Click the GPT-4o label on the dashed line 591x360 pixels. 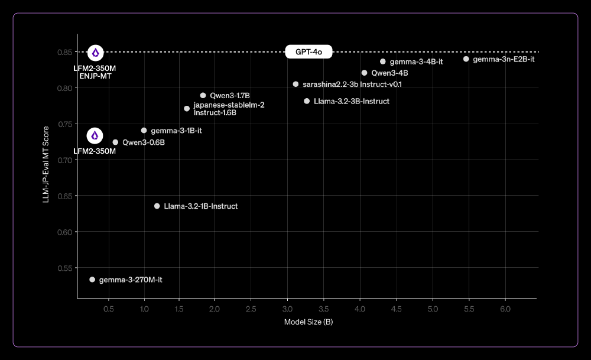pos(309,52)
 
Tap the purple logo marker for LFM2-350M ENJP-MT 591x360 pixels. pos(95,53)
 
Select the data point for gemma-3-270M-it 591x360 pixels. pos(92,279)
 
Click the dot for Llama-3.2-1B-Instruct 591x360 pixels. pos(157,206)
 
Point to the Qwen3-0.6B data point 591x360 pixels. pos(115,142)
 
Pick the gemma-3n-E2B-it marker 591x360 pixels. pos(466,59)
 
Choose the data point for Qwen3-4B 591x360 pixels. pos(364,73)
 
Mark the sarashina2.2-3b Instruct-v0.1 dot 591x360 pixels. pos(295,84)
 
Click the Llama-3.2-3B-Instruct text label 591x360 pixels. pos(352,101)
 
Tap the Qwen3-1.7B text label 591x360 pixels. pos(230,95)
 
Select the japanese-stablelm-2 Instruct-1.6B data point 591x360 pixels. pos(187,108)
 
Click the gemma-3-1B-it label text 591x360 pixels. pos(176,130)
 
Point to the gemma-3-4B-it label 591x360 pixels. pos(416,61)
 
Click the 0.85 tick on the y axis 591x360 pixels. pos(64,52)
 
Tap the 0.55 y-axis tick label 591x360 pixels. pos(64,268)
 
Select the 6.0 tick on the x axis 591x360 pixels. pos(506,309)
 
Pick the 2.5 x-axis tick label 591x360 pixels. pos(251,309)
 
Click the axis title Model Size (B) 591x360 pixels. pos(309,322)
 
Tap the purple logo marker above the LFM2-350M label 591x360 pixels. pos(95,135)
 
